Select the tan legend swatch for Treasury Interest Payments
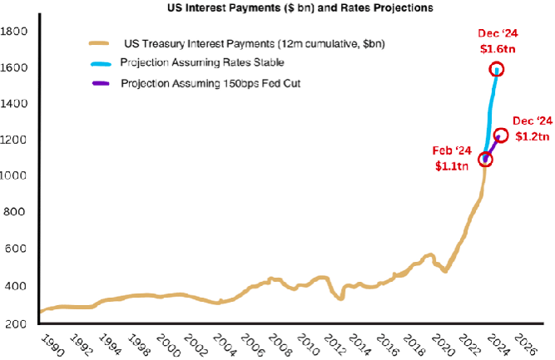[x=100, y=43]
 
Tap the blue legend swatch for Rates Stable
[x=100, y=63]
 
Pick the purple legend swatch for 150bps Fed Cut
[x=100, y=83]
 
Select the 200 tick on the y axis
[x=17, y=323]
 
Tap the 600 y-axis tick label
[x=17, y=249]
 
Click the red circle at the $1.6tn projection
[x=497, y=69]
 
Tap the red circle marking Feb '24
[x=485, y=158]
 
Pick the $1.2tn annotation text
[x=530, y=135]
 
